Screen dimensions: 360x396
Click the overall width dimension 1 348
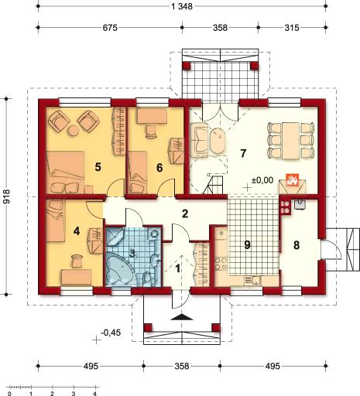point(182,6)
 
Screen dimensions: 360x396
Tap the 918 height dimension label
point(7,196)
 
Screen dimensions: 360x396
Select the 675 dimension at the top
point(110,28)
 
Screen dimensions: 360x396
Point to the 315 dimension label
point(292,28)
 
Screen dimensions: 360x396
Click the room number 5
point(98,167)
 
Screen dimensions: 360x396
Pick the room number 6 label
point(159,168)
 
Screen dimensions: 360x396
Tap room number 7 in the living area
point(243,153)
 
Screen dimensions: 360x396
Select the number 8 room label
point(297,245)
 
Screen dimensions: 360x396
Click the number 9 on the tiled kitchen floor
point(247,245)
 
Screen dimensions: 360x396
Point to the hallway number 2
point(185,213)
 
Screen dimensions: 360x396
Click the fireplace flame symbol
point(292,180)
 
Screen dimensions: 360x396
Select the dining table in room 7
point(291,141)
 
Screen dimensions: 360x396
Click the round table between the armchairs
point(74,131)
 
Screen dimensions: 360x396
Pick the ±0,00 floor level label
point(262,180)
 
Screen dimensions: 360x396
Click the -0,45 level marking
point(111,333)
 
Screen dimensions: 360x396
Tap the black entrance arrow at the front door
point(182,317)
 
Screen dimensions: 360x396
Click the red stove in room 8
point(286,207)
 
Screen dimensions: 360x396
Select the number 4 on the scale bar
point(95,394)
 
